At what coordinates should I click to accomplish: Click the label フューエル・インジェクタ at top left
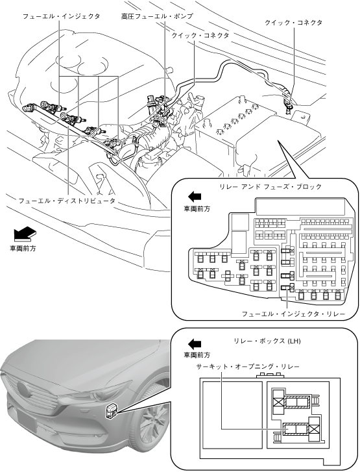[62, 16]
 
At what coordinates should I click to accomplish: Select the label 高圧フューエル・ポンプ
[157, 16]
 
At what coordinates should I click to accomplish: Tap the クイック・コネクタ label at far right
[293, 23]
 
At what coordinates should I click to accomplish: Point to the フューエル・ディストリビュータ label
[67, 201]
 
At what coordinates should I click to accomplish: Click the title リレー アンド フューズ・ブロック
[270, 186]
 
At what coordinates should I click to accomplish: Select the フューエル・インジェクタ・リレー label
[293, 314]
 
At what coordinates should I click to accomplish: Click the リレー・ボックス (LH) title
[267, 341]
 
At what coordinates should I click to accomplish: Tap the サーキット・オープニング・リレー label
[248, 367]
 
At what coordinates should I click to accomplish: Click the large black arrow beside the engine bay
[25, 234]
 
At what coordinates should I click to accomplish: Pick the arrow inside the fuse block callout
[195, 197]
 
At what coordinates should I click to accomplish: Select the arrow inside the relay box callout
[195, 343]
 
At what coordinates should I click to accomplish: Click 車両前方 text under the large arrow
[23, 249]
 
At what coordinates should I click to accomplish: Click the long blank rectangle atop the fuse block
[300, 206]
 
